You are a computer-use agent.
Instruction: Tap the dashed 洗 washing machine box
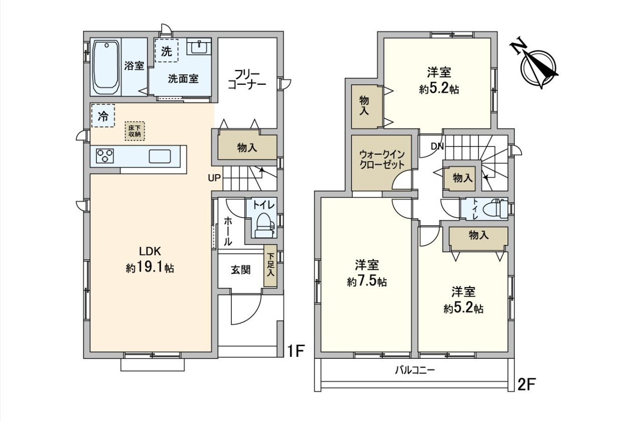click(166, 50)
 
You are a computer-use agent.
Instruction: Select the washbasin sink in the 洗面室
click(199, 47)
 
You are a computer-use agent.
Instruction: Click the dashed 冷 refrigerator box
click(103, 115)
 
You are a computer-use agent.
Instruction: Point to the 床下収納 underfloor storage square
click(135, 131)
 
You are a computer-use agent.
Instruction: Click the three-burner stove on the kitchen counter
click(105, 156)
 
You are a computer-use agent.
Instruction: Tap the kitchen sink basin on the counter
click(160, 157)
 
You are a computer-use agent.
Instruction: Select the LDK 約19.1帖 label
click(150, 259)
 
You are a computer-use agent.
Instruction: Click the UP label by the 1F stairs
click(214, 179)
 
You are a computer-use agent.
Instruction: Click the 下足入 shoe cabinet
click(270, 265)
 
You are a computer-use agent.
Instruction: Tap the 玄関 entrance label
click(241, 270)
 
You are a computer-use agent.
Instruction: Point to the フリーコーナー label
click(247, 80)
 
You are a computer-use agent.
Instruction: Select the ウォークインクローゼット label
click(382, 159)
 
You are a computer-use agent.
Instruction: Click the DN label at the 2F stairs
click(437, 146)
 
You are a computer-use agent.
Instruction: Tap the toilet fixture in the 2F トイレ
click(497, 209)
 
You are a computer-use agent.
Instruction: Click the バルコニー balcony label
click(415, 370)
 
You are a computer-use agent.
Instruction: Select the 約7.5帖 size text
click(367, 282)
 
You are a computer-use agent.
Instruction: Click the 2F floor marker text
click(527, 384)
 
